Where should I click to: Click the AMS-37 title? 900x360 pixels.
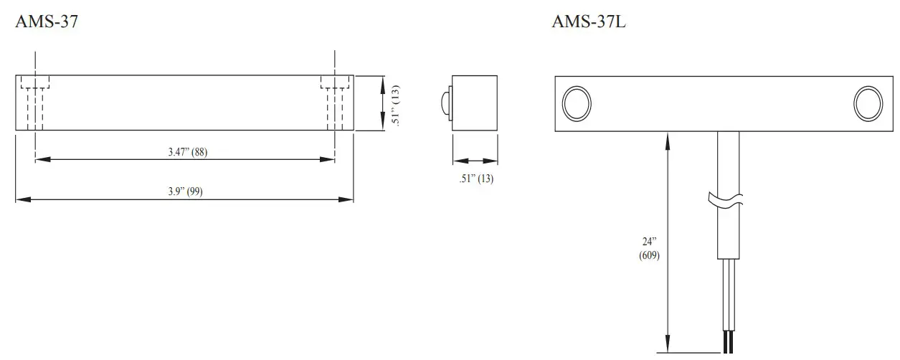click(x=46, y=22)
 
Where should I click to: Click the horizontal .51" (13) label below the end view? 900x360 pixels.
click(x=476, y=179)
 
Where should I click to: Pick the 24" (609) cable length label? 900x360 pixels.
click(x=649, y=248)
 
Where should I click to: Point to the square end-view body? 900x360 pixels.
click(x=475, y=103)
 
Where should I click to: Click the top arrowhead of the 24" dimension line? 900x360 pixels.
click(x=668, y=138)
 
